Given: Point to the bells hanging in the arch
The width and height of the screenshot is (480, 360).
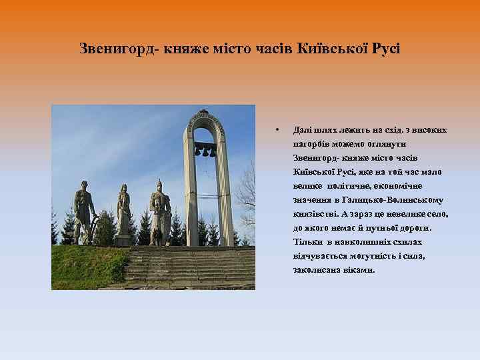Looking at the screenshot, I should [205, 151].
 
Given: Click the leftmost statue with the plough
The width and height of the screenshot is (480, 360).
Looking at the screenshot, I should [84, 210].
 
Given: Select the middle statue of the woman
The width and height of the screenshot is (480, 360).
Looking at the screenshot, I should [123, 210].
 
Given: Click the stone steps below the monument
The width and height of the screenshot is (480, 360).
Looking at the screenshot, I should [193, 267].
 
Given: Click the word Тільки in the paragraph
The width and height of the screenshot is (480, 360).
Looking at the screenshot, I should [305, 242].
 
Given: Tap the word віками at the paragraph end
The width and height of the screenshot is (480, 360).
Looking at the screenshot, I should [359, 270].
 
